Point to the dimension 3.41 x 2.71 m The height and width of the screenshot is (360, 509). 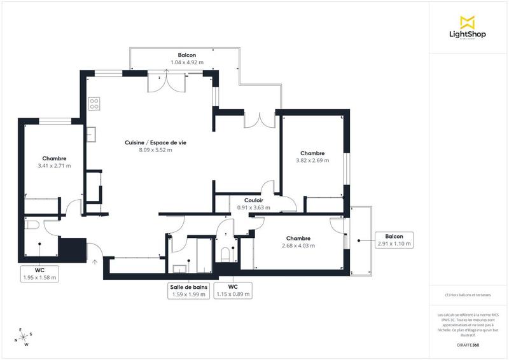(54, 165)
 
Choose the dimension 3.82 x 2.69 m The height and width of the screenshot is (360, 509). (312, 161)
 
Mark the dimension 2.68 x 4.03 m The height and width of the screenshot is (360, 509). (298, 246)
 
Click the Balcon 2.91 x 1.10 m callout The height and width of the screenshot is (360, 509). (394, 240)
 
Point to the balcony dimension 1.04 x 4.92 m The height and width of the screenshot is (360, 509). (187, 62)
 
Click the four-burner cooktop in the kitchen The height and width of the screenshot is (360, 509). (94, 103)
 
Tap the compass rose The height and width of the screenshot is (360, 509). (25, 338)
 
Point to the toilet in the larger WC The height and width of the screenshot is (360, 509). (32, 225)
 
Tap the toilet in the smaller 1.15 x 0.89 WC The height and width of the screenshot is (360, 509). (224, 254)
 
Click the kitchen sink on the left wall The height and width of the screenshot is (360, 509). (92, 134)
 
